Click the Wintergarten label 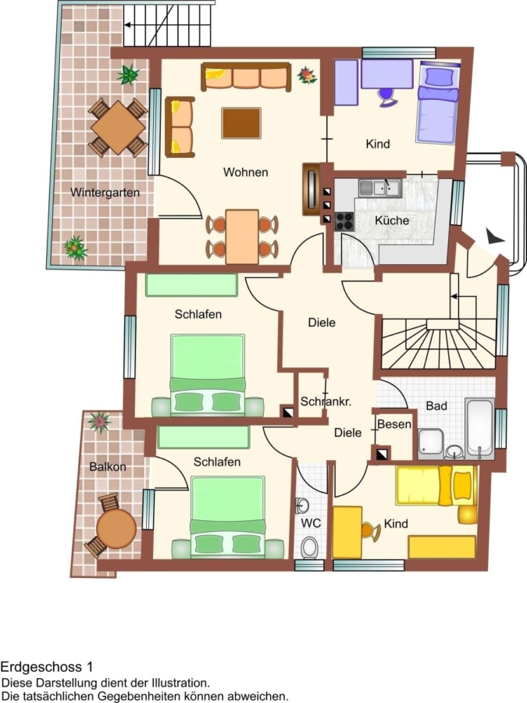tap(105, 193)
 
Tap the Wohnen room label tap(246, 172)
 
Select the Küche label tap(392, 220)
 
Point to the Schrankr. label tap(326, 401)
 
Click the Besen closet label tap(394, 424)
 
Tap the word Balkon tap(108, 467)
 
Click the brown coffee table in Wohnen tap(241, 123)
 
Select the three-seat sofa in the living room tap(246, 77)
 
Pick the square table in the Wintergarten tap(119, 128)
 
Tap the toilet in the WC tap(308, 548)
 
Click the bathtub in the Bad tap(479, 428)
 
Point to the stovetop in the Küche tap(344, 221)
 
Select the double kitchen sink tap(380, 187)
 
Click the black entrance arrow tap(494, 237)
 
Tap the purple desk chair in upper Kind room tap(387, 98)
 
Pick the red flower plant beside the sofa tap(307, 75)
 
